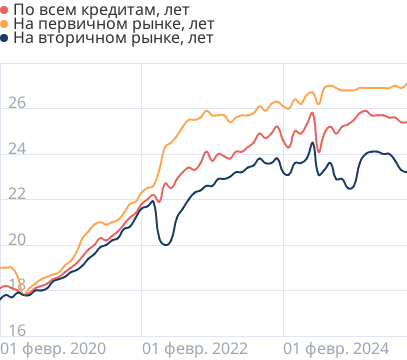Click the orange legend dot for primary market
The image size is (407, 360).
[x=5, y=24]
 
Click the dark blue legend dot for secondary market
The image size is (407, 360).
[x=5, y=38]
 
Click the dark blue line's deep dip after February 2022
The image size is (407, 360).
[x=166, y=244]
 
